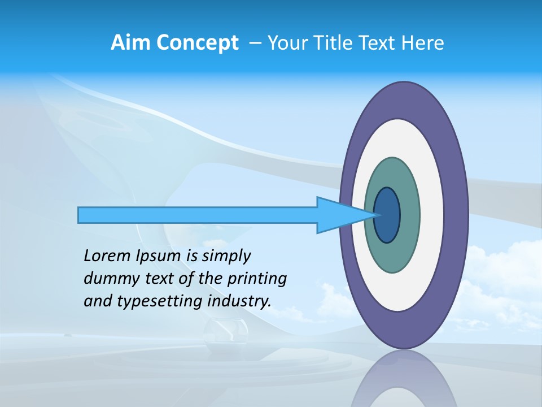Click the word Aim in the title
pos(131,42)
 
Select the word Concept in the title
pos(198,42)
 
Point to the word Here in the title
pos(423,42)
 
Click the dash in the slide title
pos(255,42)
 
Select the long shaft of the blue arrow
pos(198,215)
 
